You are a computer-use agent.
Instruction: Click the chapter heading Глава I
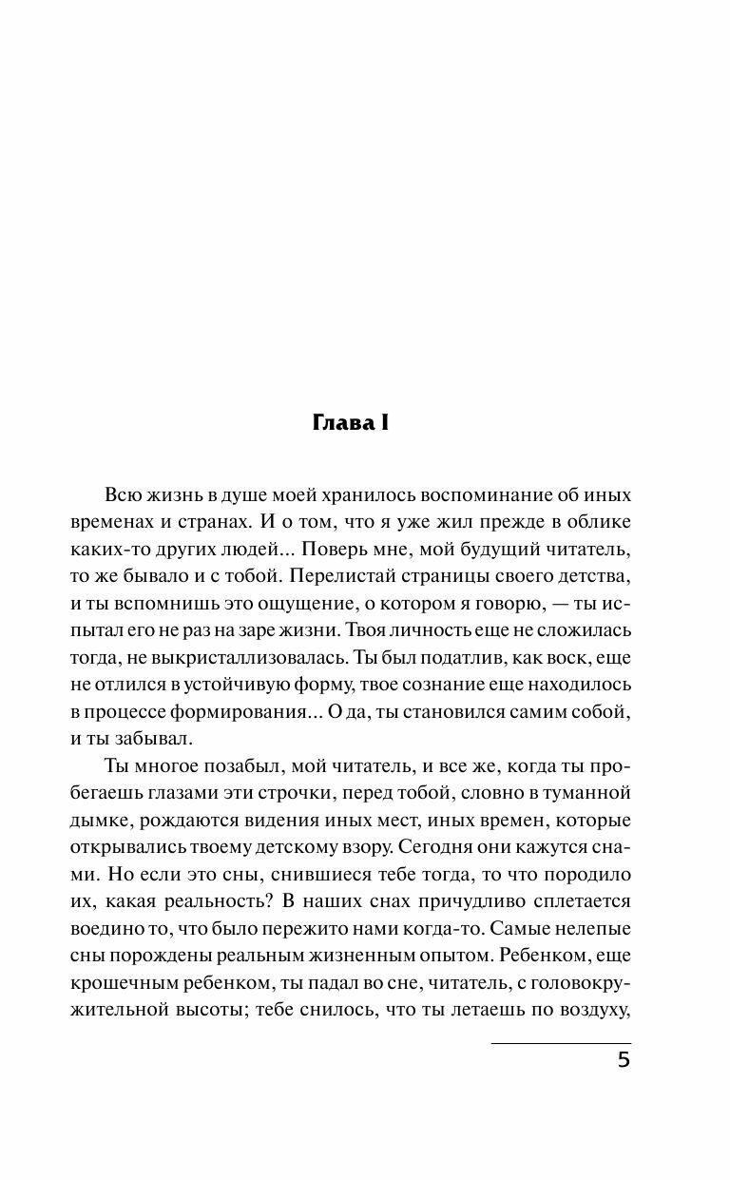coord(351,424)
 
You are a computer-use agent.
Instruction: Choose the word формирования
coord(250,710)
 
